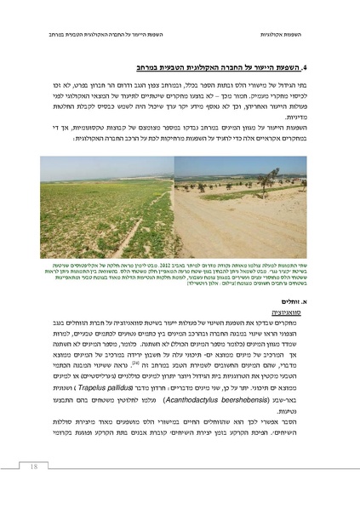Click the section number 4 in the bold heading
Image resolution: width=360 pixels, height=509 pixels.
point(317,66)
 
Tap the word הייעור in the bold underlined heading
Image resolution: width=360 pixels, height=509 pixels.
point(274,66)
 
